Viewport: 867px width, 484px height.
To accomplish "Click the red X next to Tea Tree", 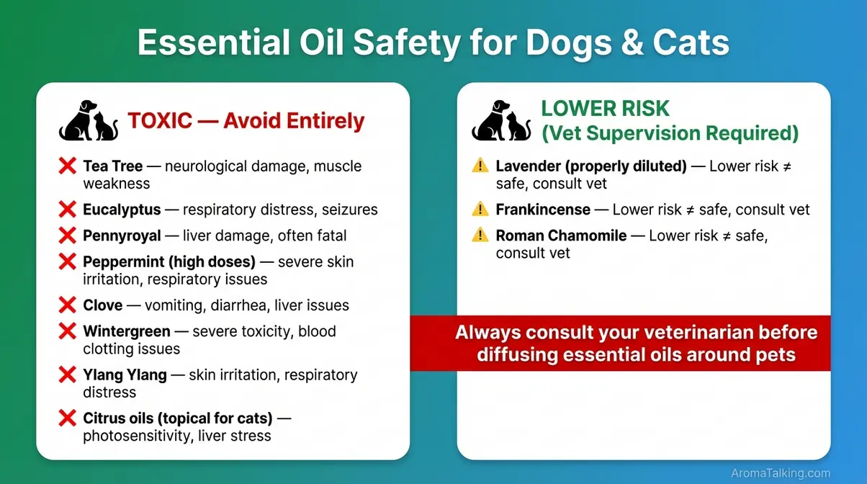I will (67, 166).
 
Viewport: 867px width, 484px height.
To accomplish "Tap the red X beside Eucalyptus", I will (67, 210).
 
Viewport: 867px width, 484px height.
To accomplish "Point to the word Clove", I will (102, 305).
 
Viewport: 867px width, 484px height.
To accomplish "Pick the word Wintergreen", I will (127, 331).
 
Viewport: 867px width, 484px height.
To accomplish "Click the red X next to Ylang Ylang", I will (67, 375).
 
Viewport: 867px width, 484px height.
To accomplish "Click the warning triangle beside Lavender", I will (480, 166).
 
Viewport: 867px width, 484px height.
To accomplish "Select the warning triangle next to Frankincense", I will (480, 210).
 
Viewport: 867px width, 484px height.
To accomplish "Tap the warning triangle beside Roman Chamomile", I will (480, 236).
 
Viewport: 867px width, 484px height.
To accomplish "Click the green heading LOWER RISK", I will (605, 109).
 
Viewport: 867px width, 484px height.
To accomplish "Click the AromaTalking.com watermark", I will (781, 472).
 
